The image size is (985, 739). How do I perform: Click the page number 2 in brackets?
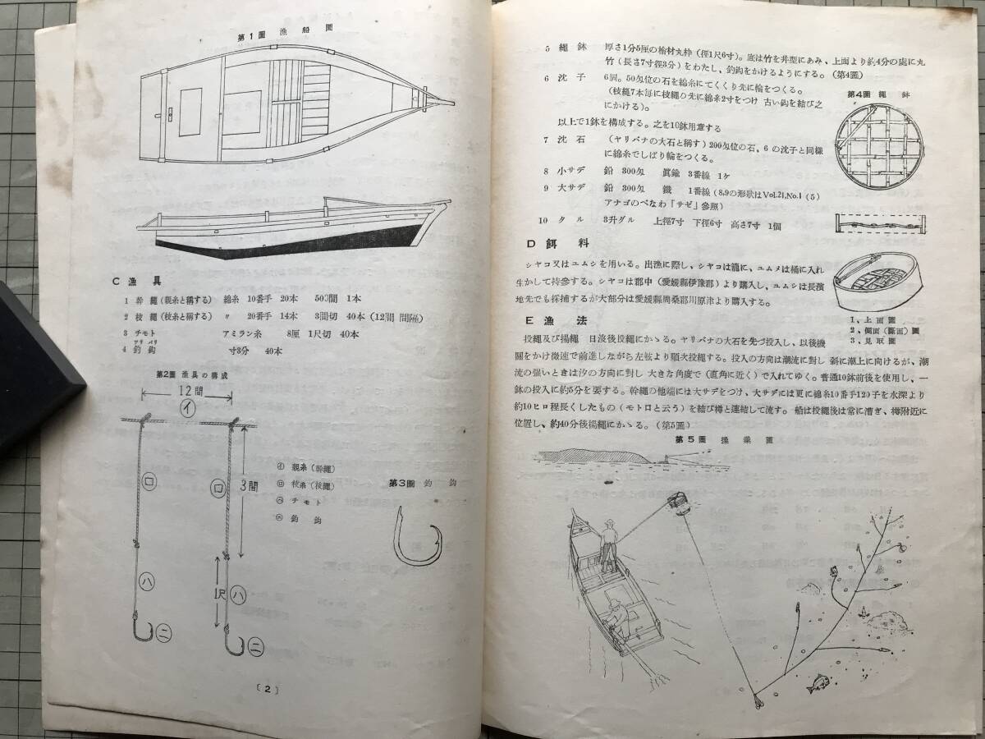pyautogui.click(x=266, y=690)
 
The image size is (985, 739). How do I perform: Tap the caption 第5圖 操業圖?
pyautogui.click(x=705, y=439)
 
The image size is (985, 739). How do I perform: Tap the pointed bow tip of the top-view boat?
pyautogui.click(x=450, y=102)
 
